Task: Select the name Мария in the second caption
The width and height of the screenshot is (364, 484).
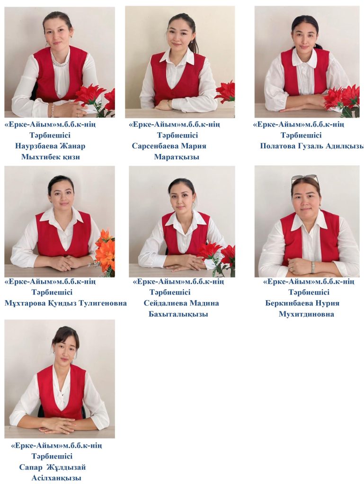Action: point(194,146)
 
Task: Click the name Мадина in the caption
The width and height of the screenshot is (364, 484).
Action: point(204,303)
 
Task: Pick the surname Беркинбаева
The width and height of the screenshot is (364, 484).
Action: point(288,303)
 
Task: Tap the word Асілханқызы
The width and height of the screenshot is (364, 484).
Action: point(56,478)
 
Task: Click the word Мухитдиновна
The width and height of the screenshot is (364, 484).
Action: point(306,314)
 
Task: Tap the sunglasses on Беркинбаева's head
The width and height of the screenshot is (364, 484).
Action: point(305,179)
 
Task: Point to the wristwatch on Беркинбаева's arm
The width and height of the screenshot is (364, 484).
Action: point(313,267)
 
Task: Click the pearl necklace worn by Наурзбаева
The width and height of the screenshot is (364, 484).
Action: point(61,64)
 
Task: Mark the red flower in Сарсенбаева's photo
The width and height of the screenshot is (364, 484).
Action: point(226,93)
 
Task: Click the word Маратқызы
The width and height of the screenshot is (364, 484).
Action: point(177,157)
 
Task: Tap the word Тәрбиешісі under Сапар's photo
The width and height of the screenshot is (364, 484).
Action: point(52,456)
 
